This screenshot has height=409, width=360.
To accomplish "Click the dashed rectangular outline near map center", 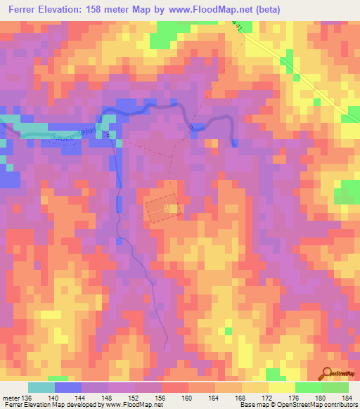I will pos(162,209).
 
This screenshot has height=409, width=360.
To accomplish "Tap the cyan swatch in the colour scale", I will pos(41,387).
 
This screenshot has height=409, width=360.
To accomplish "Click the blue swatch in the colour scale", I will pos(68,387).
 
